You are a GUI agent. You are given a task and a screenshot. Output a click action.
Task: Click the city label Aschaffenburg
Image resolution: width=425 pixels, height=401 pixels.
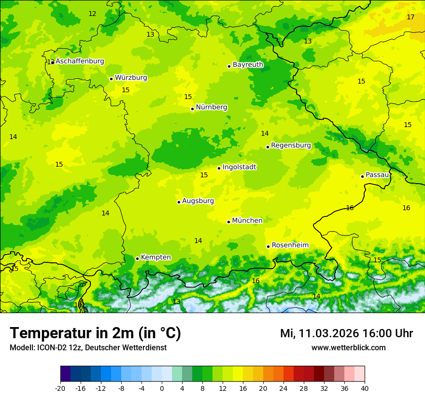click(x=80, y=61)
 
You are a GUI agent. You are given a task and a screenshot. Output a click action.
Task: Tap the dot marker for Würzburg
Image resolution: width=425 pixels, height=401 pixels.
click(x=111, y=79)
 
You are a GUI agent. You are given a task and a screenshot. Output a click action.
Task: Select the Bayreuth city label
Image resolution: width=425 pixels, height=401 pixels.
click(x=248, y=64)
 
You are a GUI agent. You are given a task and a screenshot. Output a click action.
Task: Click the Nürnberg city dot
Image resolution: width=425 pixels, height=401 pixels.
click(x=192, y=109)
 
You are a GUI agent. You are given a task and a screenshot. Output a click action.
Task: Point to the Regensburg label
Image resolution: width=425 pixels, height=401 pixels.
click(x=291, y=145)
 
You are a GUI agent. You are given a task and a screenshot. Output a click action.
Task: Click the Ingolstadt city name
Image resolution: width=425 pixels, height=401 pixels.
click(x=239, y=167)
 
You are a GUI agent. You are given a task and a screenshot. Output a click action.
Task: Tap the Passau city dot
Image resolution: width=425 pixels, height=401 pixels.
click(x=362, y=176)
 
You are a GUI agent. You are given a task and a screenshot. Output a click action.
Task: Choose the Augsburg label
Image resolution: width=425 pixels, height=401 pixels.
click(x=198, y=201)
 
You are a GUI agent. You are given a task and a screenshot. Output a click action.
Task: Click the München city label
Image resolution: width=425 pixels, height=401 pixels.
click(x=247, y=221)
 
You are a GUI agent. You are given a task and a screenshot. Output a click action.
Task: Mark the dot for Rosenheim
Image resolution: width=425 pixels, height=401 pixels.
click(x=268, y=246)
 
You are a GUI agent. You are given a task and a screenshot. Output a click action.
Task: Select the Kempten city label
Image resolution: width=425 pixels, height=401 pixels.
click(x=156, y=257)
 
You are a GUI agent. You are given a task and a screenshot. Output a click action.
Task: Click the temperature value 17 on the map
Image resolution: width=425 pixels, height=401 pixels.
click(x=411, y=17)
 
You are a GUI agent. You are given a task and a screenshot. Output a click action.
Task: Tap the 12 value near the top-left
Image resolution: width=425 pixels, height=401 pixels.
click(x=92, y=14)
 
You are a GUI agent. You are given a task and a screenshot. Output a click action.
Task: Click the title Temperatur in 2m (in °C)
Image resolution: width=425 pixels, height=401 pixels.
click(x=95, y=333)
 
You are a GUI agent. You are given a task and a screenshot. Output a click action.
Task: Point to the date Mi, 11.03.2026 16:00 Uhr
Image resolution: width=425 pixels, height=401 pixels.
click(x=346, y=333)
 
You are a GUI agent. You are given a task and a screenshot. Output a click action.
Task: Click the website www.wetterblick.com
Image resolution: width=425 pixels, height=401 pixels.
click(x=348, y=348)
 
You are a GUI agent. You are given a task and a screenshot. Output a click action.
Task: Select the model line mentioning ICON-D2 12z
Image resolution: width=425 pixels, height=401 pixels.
click(x=88, y=348)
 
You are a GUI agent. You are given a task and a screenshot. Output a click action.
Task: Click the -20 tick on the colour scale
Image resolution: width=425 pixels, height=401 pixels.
click(x=60, y=388)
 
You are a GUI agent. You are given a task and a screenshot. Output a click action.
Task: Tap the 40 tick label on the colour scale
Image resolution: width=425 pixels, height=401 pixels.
click(x=364, y=388)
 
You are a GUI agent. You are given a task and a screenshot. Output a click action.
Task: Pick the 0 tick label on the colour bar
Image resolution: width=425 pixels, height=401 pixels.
click(x=162, y=388)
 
